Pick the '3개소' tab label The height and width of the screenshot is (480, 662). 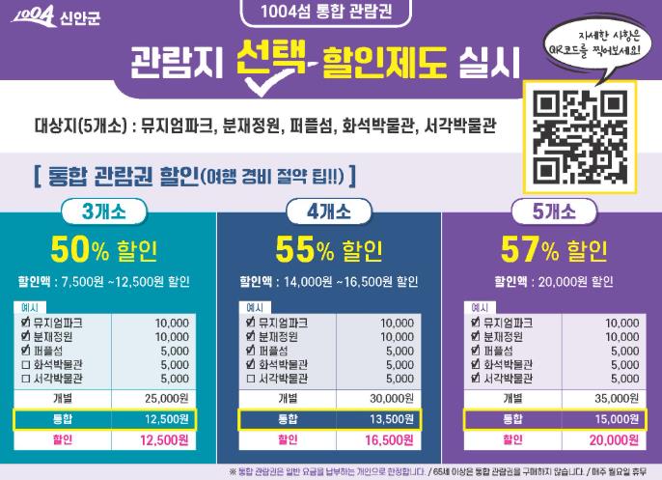[x=110, y=211]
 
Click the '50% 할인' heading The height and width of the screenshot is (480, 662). [x=108, y=249]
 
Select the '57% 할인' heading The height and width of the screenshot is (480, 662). [x=551, y=249]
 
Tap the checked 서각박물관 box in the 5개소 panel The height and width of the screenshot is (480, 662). [x=474, y=379]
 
